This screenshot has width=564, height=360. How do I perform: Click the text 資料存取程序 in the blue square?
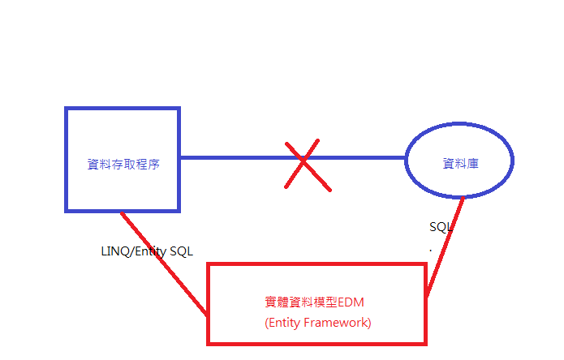pos(123,164)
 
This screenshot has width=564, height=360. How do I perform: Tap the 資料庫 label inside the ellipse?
pos(460,164)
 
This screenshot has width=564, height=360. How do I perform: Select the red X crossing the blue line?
pos(307,165)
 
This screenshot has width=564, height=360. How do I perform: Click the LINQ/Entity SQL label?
pos(147,251)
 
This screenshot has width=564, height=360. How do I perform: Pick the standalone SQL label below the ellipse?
pos(441,227)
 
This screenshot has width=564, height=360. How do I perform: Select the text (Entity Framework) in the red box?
pos(318,322)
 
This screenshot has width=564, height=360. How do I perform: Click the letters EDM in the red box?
pos(354,302)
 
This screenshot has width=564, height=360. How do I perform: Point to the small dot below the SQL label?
pos(430,250)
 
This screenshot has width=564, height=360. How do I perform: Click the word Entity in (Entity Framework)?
pos(286,322)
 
